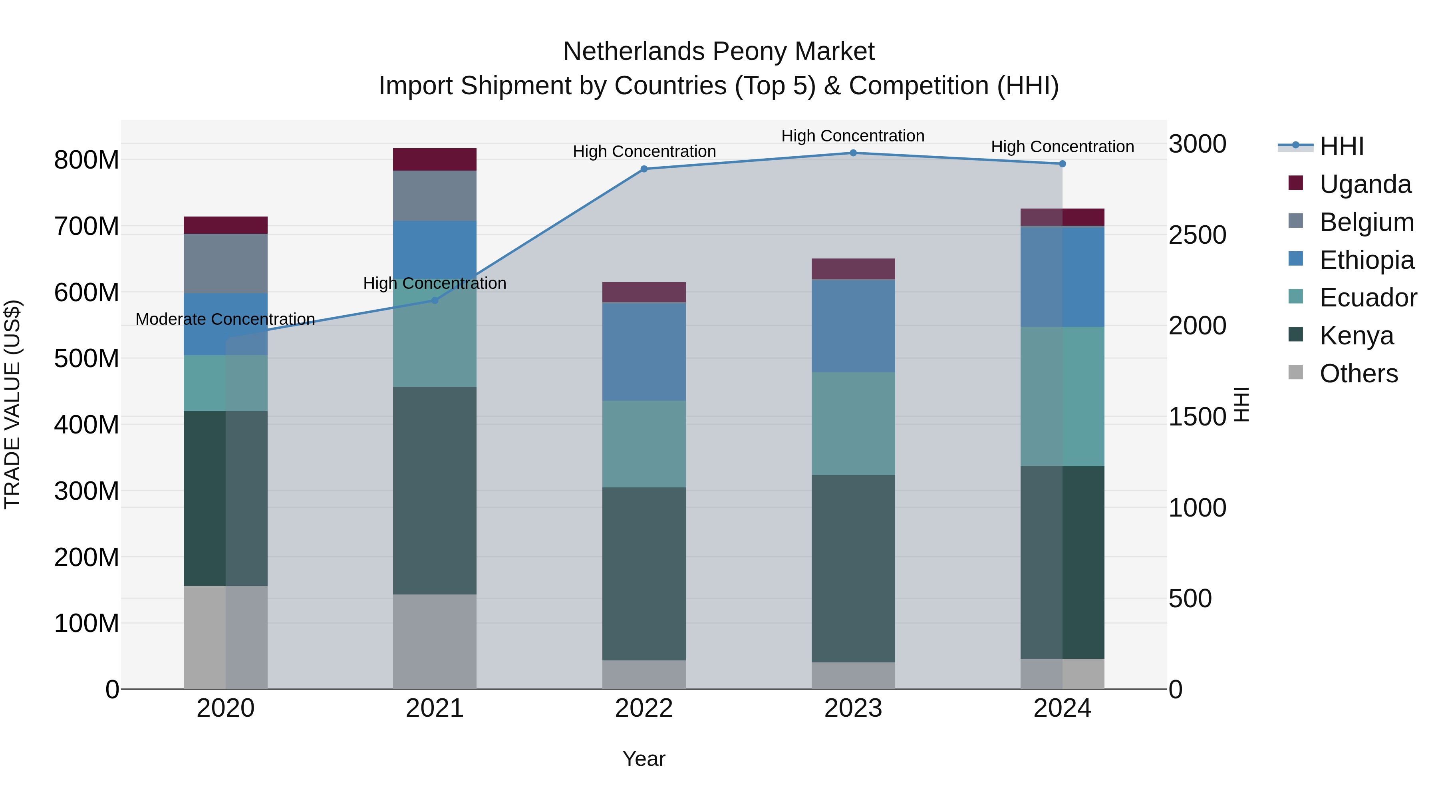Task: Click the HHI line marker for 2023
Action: coord(853,153)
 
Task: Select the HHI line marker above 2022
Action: coord(644,169)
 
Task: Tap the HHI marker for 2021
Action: coord(435,300)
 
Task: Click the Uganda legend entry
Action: coord(1365,184)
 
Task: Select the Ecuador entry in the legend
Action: coord(1368,298)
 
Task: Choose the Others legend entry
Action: coord(1358,374)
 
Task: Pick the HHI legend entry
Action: coord(1341,146)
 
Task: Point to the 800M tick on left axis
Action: coord(87,160)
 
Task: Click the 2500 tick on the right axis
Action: coord(1198,235)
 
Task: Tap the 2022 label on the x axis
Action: coord(644,708)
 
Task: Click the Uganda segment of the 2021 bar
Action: coord(435,160)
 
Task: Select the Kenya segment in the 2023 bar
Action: coord(853,568)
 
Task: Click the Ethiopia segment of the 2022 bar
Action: coord(644,351)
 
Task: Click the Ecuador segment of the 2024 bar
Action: coord(1062,396)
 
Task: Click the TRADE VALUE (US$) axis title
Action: coord(12,404)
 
